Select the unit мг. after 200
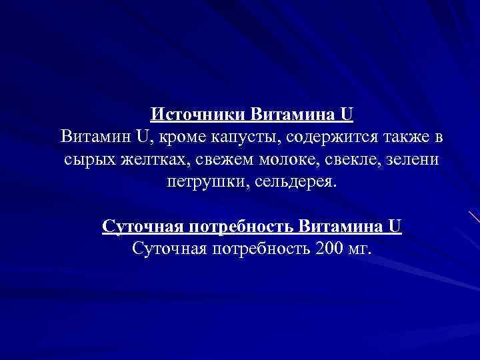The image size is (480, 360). [362, 249]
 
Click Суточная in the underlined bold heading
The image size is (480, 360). [143, 227]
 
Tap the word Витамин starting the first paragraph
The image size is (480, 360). [95, 137]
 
